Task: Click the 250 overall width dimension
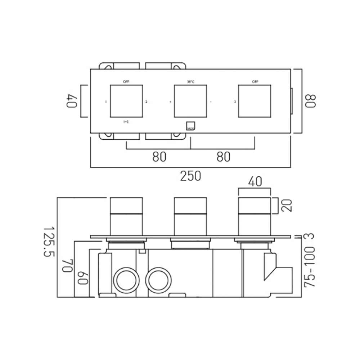coord(190,176)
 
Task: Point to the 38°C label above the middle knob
coord(190,82)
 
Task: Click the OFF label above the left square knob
coord(126,82)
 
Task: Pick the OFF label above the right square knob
coord(255,82)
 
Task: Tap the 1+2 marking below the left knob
coord(126,122)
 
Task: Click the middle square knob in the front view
coord(190,101)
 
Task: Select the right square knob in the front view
coord(255,101)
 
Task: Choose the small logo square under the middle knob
coord(190,126)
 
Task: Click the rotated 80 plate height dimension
coord(310,100)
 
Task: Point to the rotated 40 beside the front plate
coord(71,101)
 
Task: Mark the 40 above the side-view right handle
coord(255,182)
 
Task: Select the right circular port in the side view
coord(158,279)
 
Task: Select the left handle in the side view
coord(126,216)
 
